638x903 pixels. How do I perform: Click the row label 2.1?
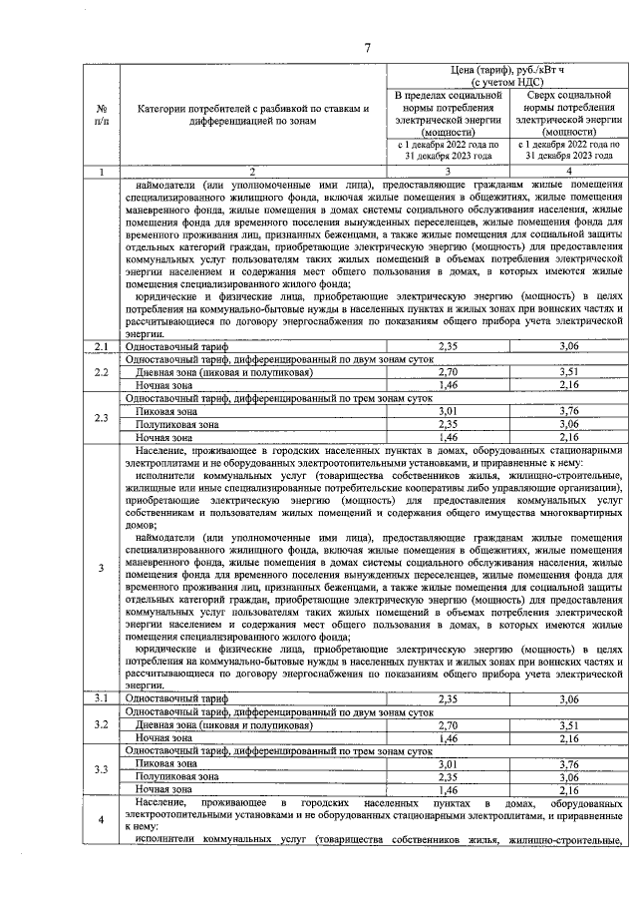[x=102, y=346]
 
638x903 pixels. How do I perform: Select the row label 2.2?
[x=102, y=372]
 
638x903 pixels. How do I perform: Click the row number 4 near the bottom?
[x=102, y=820]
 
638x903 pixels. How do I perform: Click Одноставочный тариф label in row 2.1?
[x=164, y=346]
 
